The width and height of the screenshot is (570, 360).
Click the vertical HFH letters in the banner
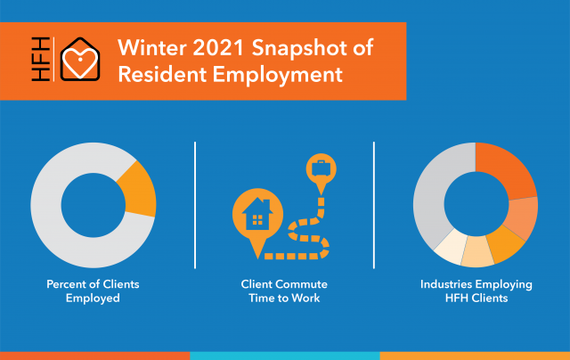pos(40,59)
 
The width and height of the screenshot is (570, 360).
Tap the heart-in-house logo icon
pos(80,59)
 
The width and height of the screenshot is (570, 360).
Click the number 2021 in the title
pos(218,47)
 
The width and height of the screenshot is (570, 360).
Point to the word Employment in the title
pos(277,76)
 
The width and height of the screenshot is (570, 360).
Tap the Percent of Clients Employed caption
pos(93,290)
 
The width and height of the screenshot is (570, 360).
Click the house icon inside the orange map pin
pos(257,214)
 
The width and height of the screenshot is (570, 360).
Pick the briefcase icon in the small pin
pos(321,168)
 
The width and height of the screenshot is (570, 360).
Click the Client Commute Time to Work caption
pos(284,290)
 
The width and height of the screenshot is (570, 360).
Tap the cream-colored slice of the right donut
pos(449,248)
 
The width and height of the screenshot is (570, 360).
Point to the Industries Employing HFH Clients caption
pos(476,290)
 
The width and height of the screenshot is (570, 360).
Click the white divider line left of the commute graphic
pos(195,205)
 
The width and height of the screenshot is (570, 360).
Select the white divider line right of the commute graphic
pos(374,205)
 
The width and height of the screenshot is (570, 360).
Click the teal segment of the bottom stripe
pos(285,356)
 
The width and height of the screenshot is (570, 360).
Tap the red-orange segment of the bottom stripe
pos(95,356)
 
